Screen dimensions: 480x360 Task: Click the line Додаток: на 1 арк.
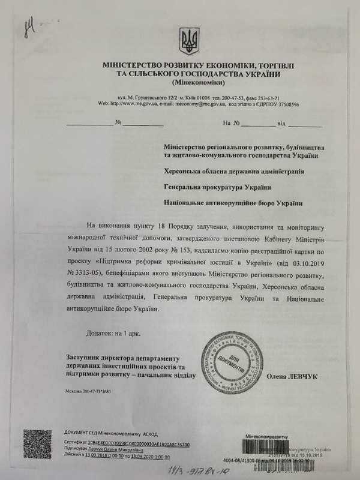point(119,332)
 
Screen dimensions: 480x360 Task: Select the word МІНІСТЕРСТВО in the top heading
point(121,65)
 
